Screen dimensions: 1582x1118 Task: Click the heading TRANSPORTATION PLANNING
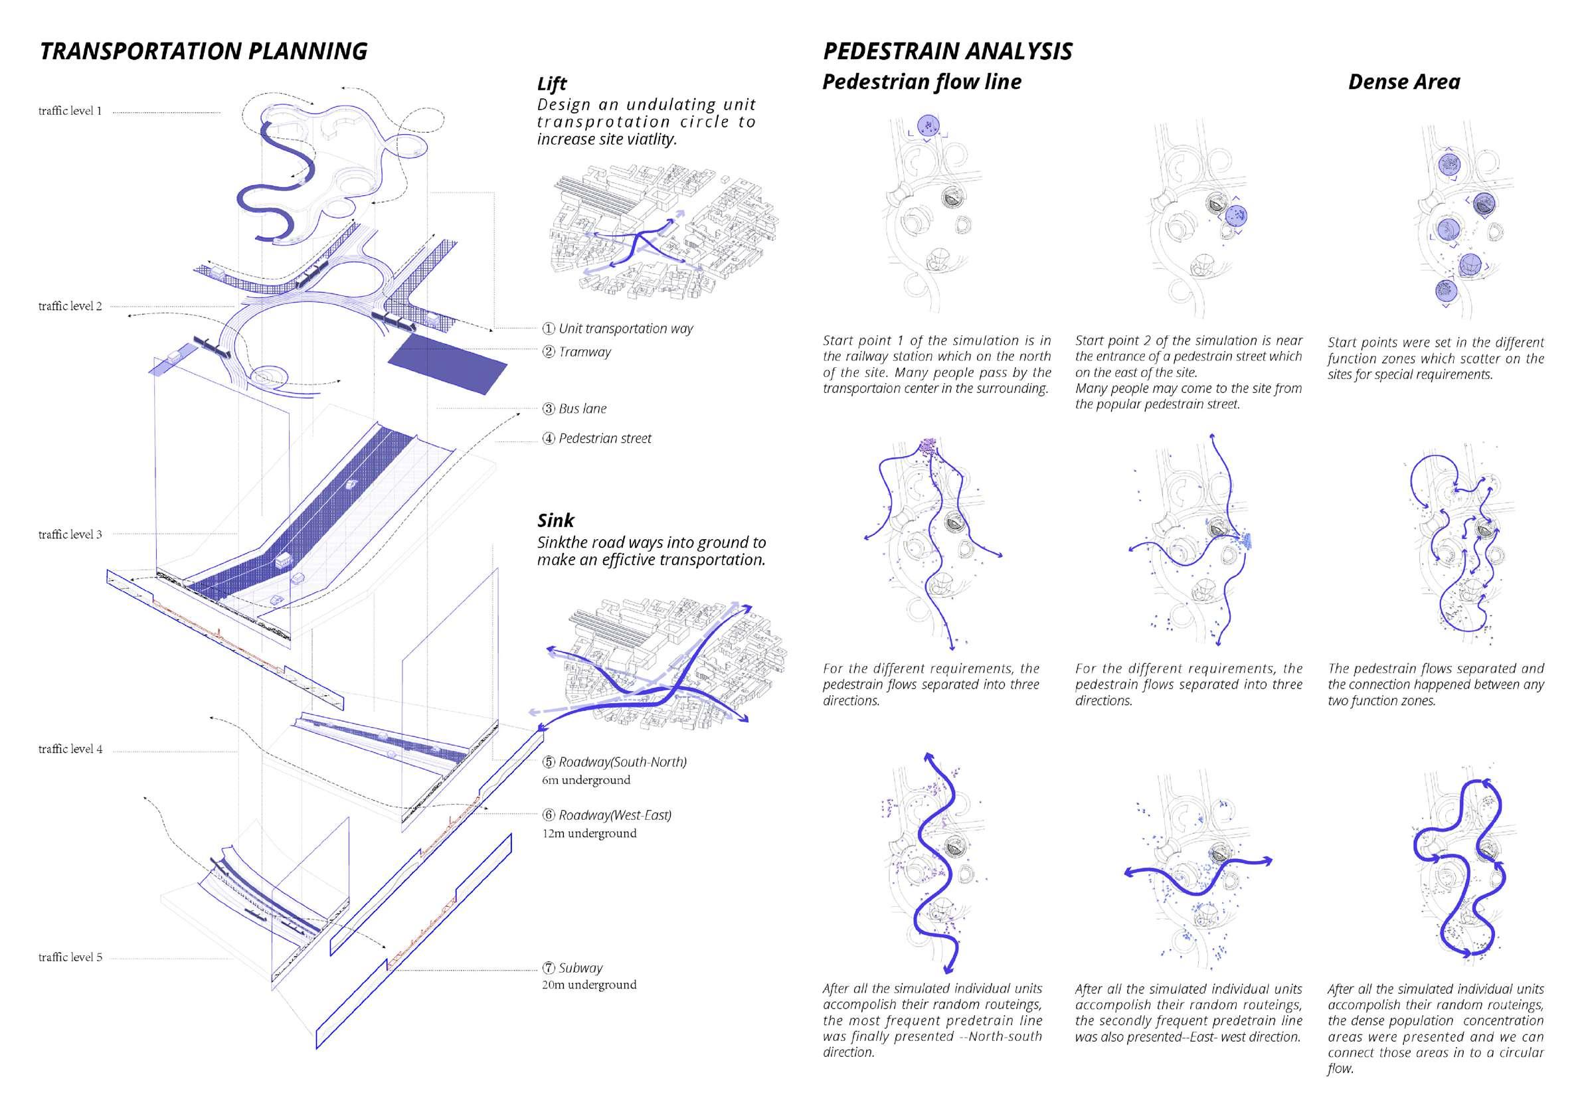[x=203, y=52]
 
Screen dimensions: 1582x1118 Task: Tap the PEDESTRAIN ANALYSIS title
[x=948, y=52]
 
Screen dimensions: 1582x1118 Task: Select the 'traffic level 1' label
[x=70, y=111]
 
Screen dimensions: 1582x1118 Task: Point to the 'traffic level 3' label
[x=70, y=534]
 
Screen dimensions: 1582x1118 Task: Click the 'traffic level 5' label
[x=70, y=957]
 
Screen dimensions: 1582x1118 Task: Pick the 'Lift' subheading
[x=551, y=84]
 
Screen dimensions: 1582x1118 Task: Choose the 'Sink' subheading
[x=555, y=520]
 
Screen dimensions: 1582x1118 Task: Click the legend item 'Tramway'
[x=584, y=352]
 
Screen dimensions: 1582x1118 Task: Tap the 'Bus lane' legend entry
[x=582, y=408]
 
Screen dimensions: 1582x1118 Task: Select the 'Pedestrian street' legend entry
[x=604, y=438]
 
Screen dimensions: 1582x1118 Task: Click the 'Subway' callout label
[x=580, y=968]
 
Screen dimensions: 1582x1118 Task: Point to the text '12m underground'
[x=589, y=833]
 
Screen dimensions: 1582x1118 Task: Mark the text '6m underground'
[x=586, y=780]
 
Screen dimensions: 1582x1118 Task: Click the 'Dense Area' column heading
[x=1403, y=82]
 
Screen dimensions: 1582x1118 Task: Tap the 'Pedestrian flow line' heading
[x=921, y=82]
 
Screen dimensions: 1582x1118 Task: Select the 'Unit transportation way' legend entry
[x=625, y=329]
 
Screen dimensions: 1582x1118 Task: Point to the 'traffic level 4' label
[x=70, y=749]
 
